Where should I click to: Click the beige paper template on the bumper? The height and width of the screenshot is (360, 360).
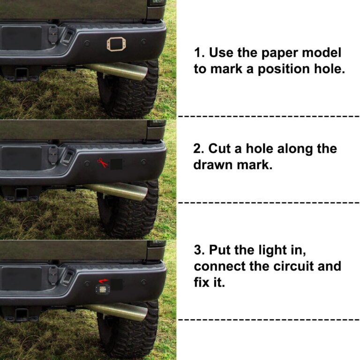click(116, 45)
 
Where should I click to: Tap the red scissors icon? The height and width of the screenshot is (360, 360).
click(102, 163)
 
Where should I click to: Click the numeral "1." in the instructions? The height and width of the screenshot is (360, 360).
click(199, 52)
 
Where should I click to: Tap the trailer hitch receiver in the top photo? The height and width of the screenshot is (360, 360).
click(22, 74)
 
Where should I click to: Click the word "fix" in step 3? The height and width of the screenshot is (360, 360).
click(202, 283)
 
